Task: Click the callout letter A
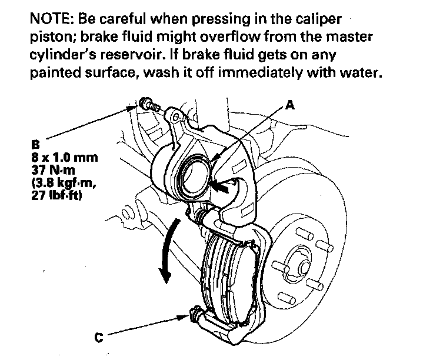click(x=289, y=106)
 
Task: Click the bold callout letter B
click(x=37, y=143)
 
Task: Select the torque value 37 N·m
click(x=52, y=169)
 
